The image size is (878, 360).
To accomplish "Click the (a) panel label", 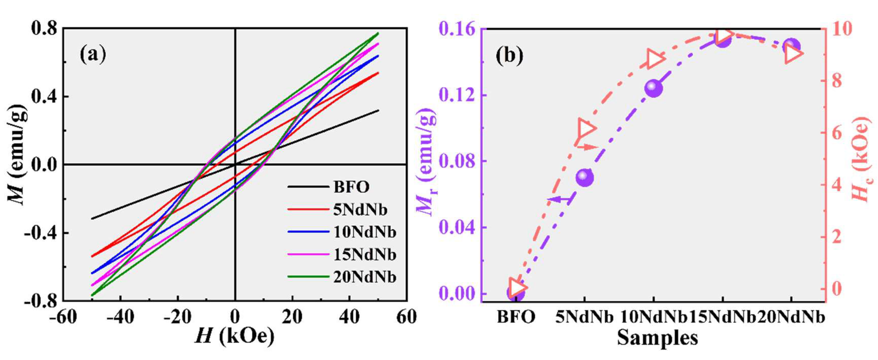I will [93, 55].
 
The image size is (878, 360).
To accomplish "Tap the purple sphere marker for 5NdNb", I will [585, 177].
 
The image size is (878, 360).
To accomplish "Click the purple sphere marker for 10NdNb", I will [653, 89].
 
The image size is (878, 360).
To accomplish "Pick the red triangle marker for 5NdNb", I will [586, 129].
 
